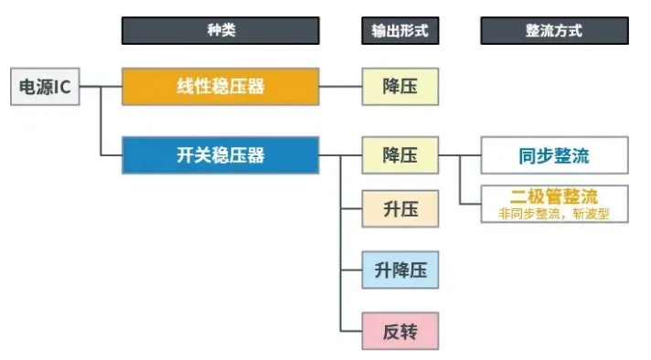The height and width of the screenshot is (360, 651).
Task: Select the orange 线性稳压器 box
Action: pos(220,87)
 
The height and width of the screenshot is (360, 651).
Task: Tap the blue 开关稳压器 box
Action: pos(220,155)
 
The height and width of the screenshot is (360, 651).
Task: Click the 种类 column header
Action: pos(220,30)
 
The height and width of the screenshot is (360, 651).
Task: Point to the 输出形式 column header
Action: pos(400,30)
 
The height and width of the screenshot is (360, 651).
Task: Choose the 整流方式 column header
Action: pos(554,30)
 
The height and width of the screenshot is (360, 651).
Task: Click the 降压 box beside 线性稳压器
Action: pos(400,87)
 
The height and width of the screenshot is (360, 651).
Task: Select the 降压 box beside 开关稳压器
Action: pos(400,155)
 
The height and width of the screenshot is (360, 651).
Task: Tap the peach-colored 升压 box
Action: pos(400,209)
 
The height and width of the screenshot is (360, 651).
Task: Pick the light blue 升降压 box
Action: pos(400,270)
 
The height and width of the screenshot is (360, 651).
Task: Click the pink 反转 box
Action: pos(400,331)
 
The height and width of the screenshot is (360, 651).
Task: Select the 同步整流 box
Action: pos(554,155)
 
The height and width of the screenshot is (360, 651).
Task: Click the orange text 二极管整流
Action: pos(554,196)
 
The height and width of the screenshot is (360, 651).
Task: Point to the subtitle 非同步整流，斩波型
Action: pos(554,214)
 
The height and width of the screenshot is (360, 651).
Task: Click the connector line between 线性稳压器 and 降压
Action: pos(340,87)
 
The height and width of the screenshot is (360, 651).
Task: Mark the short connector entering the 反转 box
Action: pos(351,331)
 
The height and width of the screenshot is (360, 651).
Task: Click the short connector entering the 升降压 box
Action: pos(351,270)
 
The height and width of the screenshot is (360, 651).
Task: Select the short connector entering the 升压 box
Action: pos(351,209)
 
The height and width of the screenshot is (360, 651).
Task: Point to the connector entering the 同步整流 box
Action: pos(470,155)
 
